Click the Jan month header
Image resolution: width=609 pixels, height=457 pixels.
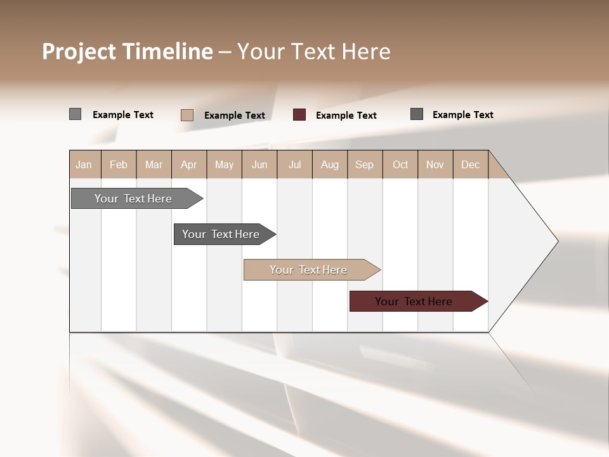tap(84, 164)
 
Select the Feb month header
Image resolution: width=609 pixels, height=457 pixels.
tap(119, 164)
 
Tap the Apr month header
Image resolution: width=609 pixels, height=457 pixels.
tap(189, 164)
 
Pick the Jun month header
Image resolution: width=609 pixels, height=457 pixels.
tap(259, 164)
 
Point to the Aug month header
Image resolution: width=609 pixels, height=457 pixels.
tap(330, 164)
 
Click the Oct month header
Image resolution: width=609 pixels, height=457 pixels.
tap(400, 164)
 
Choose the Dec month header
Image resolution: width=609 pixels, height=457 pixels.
tap(471, 164)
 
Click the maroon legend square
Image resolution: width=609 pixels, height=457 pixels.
tap(299, 115)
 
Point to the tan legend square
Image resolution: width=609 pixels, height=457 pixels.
tap(187, 115)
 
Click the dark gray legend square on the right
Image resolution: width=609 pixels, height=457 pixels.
tap(417, 114)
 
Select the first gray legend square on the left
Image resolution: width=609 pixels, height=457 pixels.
tap(75, 114)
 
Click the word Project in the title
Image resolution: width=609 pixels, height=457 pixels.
tap(79, 51)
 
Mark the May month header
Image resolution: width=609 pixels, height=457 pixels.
tap(224, 164)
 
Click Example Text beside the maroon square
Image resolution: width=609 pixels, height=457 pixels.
tap(346, 116)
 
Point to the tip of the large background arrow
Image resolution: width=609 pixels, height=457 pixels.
tap(556, 241)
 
